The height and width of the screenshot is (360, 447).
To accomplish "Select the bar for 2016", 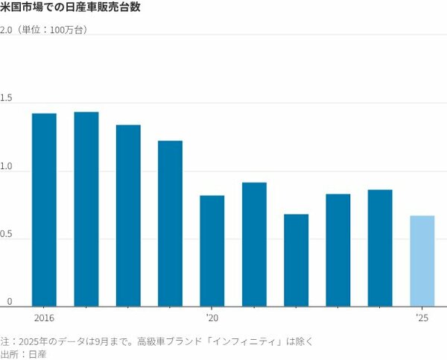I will pyautogui.click(x=45, y=209).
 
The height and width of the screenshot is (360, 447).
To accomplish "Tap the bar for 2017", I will pyautogui.click(x=86, y=209).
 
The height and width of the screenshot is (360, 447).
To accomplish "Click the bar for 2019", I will pyautogui.click(x=170, y=223).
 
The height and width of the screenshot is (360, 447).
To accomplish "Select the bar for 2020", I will pyautogui.click(x=212, y=250).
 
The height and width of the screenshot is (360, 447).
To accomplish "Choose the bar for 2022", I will pyautogui.click(x=296, y=259).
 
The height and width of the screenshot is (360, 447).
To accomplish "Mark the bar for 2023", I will pyautogui.click(x=337, y=250).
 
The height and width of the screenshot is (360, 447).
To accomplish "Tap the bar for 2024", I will pyautogui.click(x=380, y=247).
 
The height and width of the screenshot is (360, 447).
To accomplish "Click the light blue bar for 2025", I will pyautogui.click(x=422, y=260).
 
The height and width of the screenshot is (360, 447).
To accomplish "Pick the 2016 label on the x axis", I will pyautogui.click(x=45, y=318).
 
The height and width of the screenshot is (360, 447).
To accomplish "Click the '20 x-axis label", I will pyautogui.click(x=212, y=318).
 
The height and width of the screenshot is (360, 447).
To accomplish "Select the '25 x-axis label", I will pyautogui.click(x=422, y=318).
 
